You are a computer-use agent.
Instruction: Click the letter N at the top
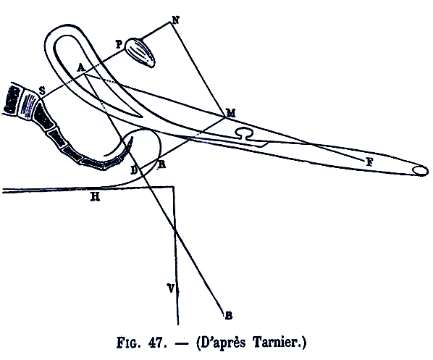[x=176, y=20]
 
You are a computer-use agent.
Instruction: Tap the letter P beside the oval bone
[x=119, y=44]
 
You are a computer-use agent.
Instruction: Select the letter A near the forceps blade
[x=80, y=67]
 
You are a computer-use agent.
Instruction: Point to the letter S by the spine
[x=42, y=91]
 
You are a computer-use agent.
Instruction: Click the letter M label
[x=231, y=113]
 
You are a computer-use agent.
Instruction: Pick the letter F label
[x=369, y=162]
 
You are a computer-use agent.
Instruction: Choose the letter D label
[x=134, y=170]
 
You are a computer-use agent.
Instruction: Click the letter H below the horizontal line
[x=96, y=197]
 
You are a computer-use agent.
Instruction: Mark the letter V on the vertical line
[x=171, y=288]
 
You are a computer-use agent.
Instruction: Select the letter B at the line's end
[x=229, y=315]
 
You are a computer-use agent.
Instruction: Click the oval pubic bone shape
[x=140, y=52]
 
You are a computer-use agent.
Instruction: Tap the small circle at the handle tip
[x=421, y=171]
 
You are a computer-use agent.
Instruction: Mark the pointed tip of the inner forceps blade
[x=141, y=117]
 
